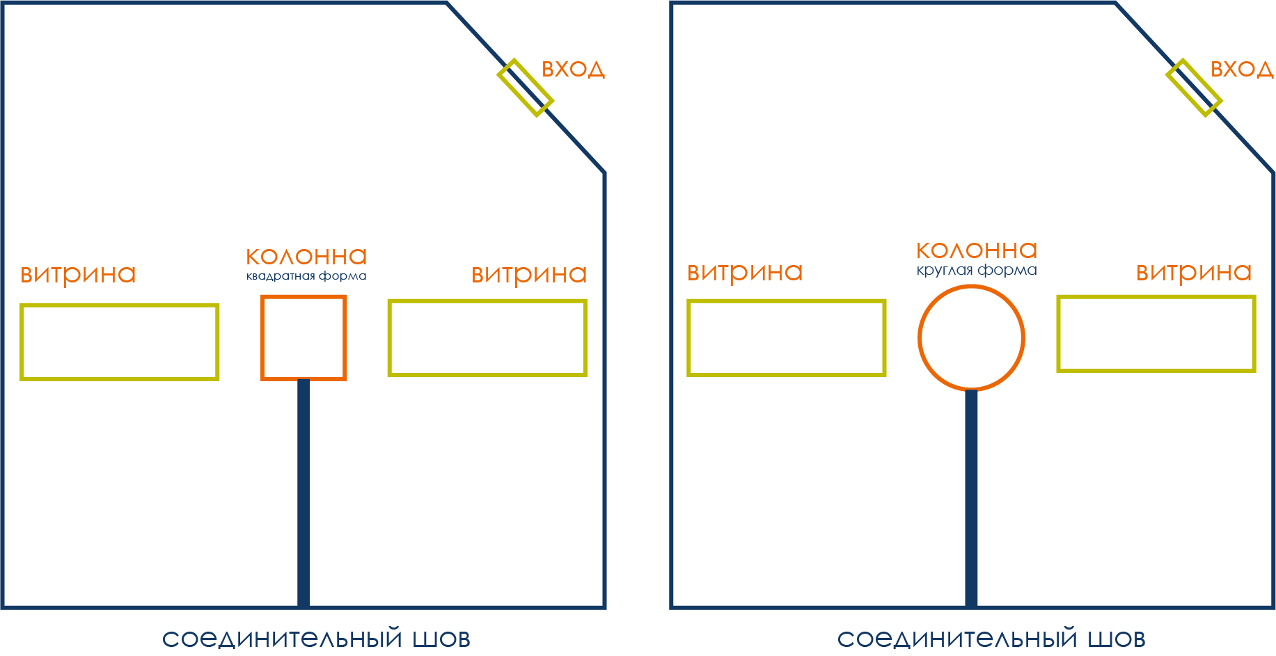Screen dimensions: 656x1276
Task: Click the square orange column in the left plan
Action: (304, 337)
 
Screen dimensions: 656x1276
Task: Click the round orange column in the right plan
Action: (971, 337)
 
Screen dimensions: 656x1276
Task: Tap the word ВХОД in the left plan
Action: (573, 70)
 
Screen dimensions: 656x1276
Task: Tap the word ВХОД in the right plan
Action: (1242, 70)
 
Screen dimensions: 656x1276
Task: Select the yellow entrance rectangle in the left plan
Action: (526, 88)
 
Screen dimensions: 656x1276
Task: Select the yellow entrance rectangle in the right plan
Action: (1194, 88)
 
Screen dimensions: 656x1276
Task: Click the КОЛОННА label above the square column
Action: (306, 257)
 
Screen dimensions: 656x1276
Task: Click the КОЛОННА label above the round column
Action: (977, 250)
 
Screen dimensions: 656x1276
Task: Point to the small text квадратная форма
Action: (306, 276)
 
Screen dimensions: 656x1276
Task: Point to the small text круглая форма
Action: (977, 270)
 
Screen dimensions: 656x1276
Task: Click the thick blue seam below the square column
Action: (304, 494)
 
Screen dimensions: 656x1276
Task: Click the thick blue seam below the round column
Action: (971, 497)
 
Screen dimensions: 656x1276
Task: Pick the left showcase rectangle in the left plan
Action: (120, 342)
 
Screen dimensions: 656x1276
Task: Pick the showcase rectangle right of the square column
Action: (487, 337)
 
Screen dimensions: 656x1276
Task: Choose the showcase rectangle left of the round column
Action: (787, 337)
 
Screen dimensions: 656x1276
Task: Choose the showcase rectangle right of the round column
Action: (1156, 334)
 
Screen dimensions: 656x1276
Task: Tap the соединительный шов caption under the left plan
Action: (316, 639)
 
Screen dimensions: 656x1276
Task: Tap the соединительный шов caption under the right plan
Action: (991, 639)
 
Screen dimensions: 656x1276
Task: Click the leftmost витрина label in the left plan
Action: (78, 274)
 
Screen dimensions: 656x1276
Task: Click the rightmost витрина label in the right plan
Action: (1194, 272)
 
